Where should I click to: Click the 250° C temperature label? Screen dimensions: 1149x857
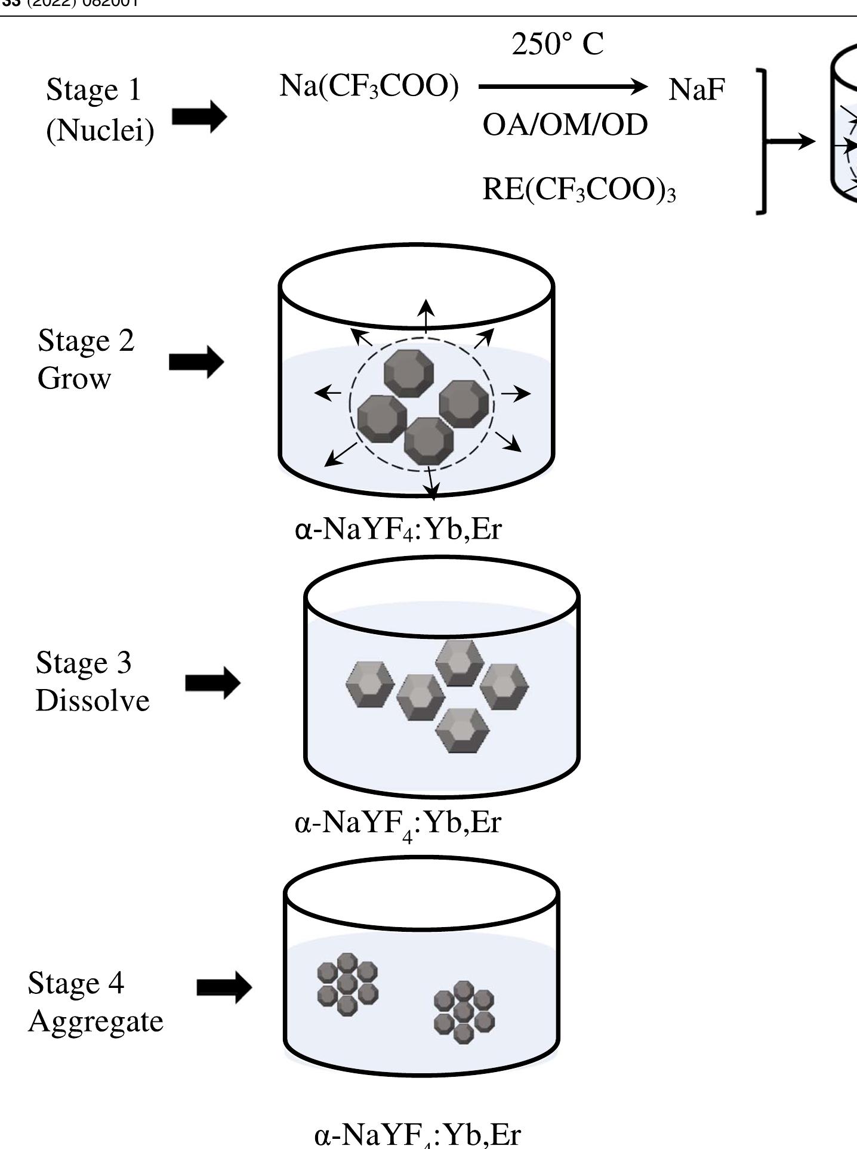(557, 45)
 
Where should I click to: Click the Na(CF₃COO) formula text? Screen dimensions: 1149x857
(369, 87)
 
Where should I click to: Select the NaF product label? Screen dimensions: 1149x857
(696, 90)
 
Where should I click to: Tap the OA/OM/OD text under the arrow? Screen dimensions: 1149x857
(565, 126)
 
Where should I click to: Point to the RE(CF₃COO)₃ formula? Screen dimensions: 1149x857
(579, 190)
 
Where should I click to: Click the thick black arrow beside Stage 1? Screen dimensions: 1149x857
(199, 116)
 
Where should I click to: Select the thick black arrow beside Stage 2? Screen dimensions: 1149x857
(196, 362)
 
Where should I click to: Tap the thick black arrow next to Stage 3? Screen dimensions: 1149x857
(212, 683)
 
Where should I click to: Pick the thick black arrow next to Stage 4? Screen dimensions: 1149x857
(224, 987)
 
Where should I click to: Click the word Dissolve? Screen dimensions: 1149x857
(93, 700)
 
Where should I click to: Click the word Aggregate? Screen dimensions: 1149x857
(95, 1021)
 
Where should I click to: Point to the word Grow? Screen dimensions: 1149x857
(74, 378)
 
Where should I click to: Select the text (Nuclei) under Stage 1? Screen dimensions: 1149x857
(100, 130)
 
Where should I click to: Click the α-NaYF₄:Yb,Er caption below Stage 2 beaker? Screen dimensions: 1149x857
(398, 530)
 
